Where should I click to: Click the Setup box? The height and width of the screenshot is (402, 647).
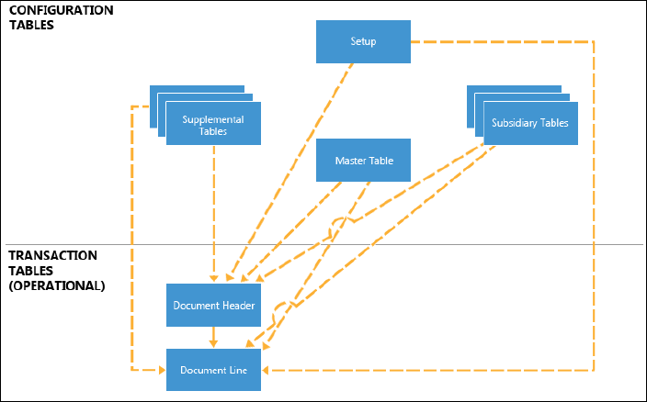coord(363,41)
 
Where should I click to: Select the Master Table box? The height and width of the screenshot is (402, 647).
coord(363,161)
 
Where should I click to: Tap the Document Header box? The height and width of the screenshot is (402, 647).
coord(213,306)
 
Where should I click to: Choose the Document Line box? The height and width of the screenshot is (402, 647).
coord(213,370)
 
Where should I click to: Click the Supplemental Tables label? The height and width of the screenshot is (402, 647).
coord(213,125)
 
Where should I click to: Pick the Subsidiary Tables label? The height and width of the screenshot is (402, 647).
coord(529,123)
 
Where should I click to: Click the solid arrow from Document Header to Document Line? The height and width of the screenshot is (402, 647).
coord(213,338)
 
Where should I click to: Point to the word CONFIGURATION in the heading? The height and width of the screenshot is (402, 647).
coord(62,10)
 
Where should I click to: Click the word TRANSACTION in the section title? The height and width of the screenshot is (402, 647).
coord(52,255)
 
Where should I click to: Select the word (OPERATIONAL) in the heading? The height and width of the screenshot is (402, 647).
coord(57,285)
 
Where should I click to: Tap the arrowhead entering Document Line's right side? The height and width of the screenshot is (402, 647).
coord(265,370)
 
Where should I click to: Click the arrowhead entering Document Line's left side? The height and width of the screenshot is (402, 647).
coord(162,370)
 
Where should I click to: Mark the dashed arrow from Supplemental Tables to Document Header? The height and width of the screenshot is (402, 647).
coord(213,214)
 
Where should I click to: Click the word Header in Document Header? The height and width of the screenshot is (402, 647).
coord(239,306)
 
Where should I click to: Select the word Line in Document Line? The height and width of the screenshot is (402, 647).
coord(237,370)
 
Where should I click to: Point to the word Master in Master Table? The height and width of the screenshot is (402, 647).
coord(349,161)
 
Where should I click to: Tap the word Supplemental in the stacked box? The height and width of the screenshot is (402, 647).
coord(213,119)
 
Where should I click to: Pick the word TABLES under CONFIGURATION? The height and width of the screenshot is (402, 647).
coord(31,25)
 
